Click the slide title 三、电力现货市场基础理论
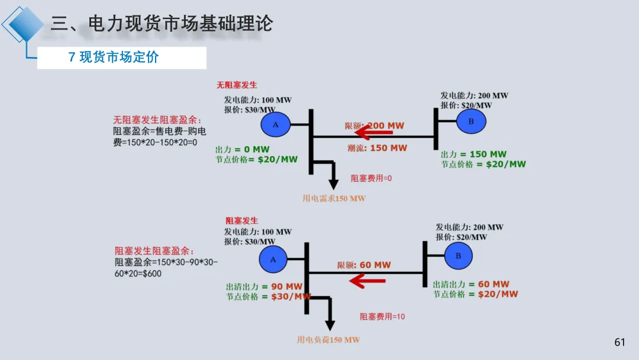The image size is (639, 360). pyautogui.click(x=161, y=24)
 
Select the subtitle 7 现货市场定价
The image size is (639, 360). pyautogui.click(x=114, y=57)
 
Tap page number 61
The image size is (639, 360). pyautogui.click(x=619, y=342)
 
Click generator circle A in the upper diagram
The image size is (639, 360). pyautogui.click(x=275, y=124)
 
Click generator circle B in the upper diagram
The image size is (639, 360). pyautogui.click(x=471, y=121)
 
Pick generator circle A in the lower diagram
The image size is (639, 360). pyautogui.click(x=273, y=259)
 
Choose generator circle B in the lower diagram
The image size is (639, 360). pyautogui.click(x=457, y=256)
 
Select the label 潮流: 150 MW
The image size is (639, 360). pyautogui.click(x=376, y=148)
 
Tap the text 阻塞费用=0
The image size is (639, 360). pyautogui.click(x=371, y=178)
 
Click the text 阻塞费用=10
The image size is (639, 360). pyautogui.click(x=382, y=317)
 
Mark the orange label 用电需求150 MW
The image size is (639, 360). pyautogui.click(x=334, y=198)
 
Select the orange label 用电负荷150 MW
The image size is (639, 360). pyautogui.click(x=328, y=340)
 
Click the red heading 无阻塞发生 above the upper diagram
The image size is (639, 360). pyautogui.click(x=237, y=85)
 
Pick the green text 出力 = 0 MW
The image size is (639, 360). pyautogui.click(x=242, y=150)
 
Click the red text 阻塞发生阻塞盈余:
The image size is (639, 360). pyautogui.click(x=154, y=251)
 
